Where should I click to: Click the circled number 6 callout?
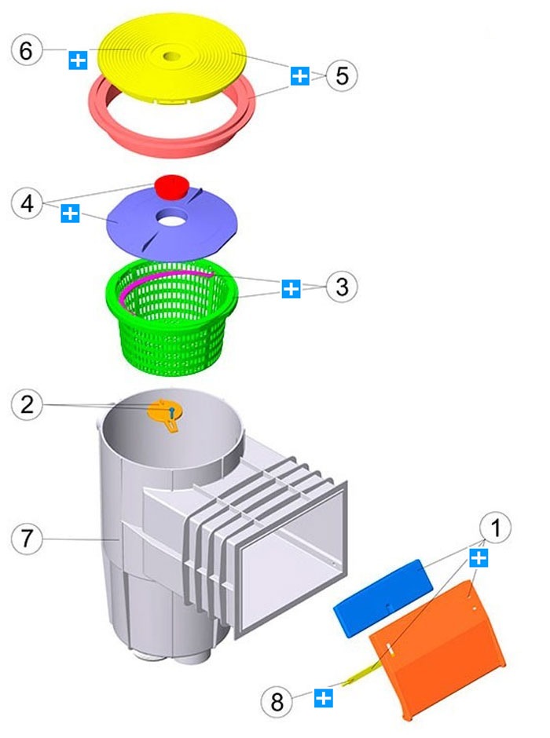[26, 51]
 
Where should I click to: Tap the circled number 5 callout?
[341, 76]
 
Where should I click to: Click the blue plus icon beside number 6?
[78, 60]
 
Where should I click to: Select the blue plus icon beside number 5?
[299, 76]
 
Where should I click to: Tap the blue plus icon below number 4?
[70, 213]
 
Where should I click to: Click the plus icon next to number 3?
[291, 288]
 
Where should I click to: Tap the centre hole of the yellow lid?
[170, 57]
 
